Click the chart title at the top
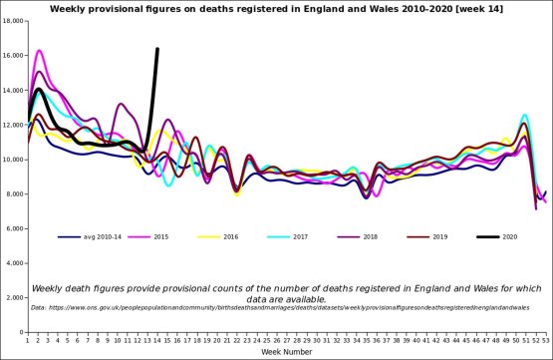click(276, 9)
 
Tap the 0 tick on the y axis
click(21, 333)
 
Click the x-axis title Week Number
click(287, 352)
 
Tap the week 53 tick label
click(545, 341)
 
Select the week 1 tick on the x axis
click(29, 341)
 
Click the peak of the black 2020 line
click(157, 49)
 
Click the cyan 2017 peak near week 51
click(525, 116)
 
